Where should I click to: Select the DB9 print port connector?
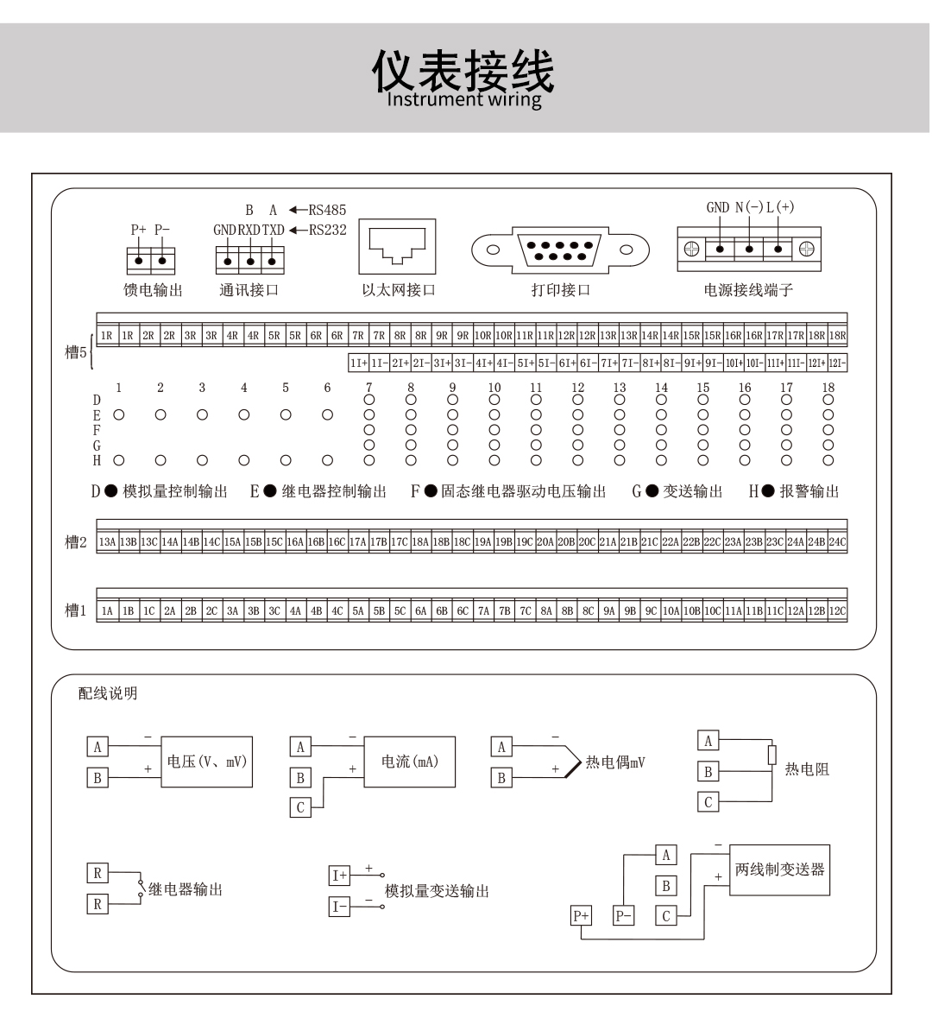point(561,250)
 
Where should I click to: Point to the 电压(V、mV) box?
point(207,762)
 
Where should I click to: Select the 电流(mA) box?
point(410,762)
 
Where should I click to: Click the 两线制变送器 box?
point(779,869)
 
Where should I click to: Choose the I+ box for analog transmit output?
point(339,875)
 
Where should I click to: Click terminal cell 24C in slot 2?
point(837,542)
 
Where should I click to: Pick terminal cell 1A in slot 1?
point(107,610)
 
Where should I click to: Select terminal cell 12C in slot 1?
point(837,610)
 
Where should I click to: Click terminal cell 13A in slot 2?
point(107,542)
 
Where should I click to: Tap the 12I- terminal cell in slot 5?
point(837,364)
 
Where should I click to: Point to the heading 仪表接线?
point(463,72)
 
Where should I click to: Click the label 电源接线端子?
point(748,290)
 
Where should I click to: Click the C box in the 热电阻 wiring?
point(708,802)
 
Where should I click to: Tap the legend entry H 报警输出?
point(794,491)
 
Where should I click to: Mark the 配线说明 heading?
point(108,693)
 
